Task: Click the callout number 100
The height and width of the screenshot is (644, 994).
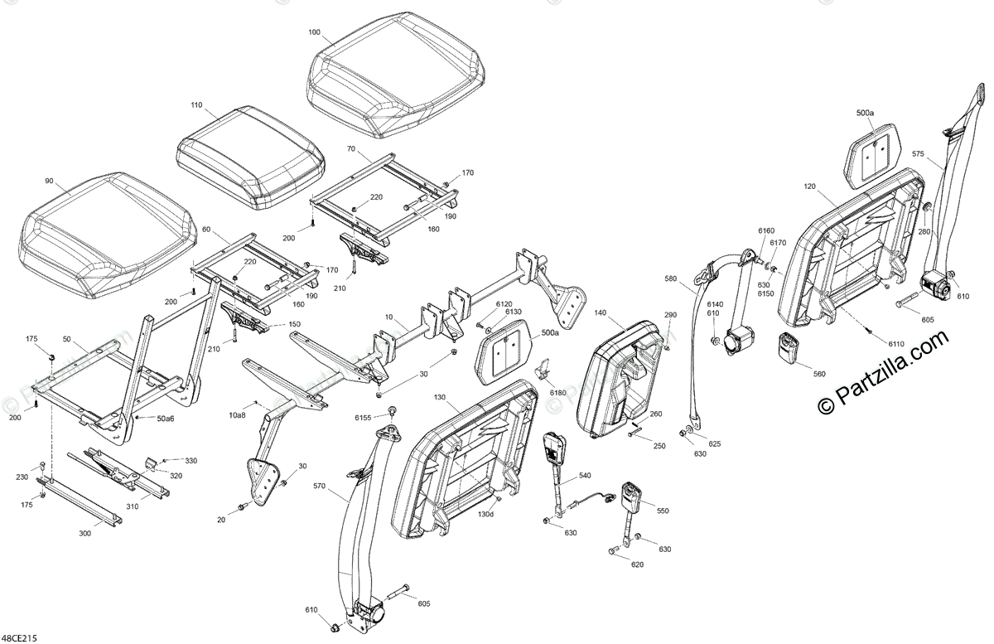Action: point(314,32)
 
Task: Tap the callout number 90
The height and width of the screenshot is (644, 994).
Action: point(49,181)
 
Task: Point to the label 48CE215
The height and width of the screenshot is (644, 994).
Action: point(19,637)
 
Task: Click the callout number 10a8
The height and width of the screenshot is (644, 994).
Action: point(238,414)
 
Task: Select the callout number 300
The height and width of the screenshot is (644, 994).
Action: point(85,534)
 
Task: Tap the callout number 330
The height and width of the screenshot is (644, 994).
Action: point(191,460)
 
